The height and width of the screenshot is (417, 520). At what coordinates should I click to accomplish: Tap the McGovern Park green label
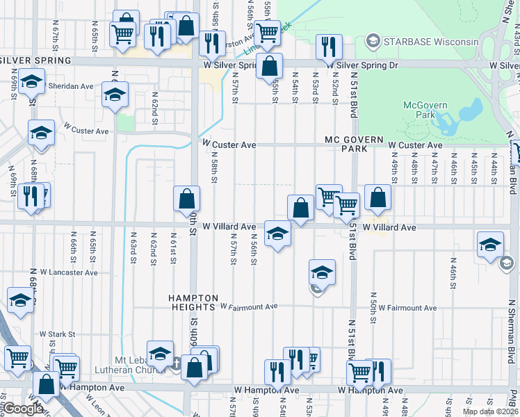pos(425,110)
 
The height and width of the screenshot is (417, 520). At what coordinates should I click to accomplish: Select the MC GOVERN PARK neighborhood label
pos(354,144)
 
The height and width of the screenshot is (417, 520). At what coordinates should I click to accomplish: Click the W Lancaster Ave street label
pos(68,272)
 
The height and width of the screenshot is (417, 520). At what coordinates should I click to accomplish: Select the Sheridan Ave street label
pos(70,86)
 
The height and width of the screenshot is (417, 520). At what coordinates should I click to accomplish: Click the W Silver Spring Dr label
pos(365,65)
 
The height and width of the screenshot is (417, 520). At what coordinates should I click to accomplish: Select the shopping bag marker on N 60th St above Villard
pos(187,198)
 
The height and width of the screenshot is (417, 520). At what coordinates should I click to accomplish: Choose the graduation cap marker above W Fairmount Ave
pos(322,272)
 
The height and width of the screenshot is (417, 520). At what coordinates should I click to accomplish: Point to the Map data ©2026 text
pos(490,411)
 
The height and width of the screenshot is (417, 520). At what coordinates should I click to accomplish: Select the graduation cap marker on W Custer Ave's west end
pos(41,132)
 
